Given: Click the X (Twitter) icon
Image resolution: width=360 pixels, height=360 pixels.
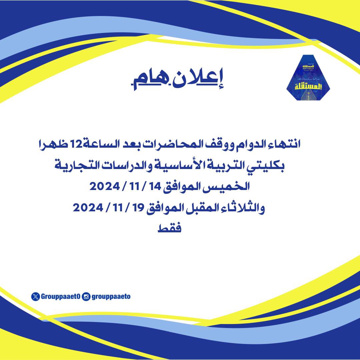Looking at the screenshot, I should pos(35,296).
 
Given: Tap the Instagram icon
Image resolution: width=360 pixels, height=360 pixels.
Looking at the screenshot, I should pos(86,296).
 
